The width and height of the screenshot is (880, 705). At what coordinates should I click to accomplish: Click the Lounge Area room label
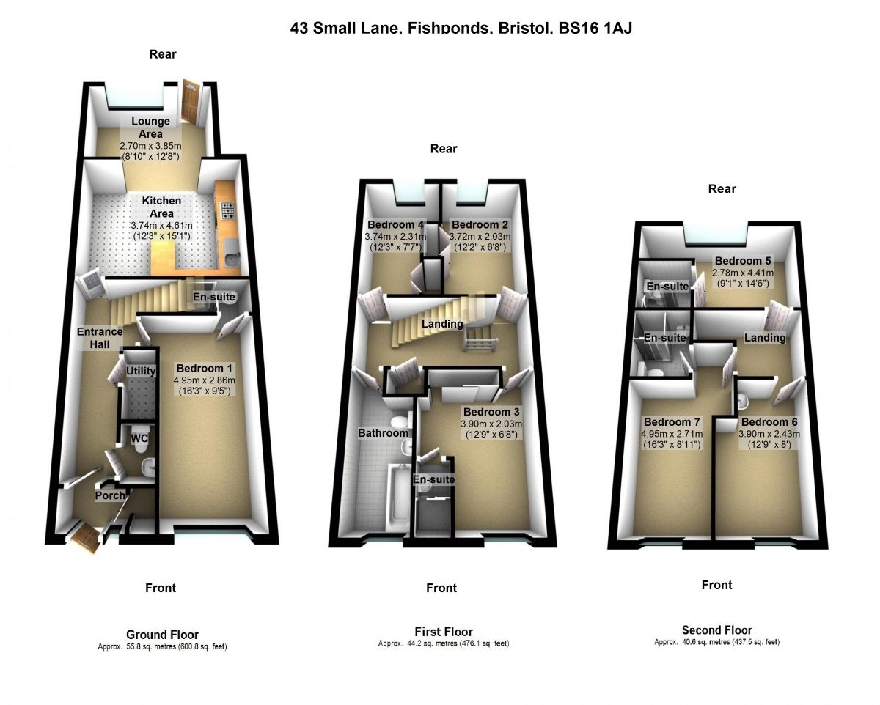coord(150,128)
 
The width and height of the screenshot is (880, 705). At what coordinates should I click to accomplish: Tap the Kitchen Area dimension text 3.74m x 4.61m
coord(161,225)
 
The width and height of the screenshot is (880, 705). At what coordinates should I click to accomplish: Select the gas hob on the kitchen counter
coord(227,211)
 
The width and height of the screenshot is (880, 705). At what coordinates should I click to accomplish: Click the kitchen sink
coord(233,260)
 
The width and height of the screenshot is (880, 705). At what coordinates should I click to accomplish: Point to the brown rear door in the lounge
coord(191,100)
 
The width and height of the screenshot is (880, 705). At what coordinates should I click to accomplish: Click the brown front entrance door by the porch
coord(87,539)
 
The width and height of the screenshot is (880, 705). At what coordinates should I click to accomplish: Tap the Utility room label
coord(141,371)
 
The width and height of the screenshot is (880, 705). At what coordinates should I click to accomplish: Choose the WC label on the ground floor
coord(139,438)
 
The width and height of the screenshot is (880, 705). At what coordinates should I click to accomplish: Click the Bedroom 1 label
coord(205,368)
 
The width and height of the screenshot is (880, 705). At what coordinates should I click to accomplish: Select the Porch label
coord(110,495)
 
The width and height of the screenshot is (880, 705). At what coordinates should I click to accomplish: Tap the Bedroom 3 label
coord(491,412)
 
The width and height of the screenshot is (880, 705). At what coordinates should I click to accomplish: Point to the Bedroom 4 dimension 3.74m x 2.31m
coord(395,236)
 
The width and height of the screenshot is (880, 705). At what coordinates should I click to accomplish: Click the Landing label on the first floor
coord(442,324)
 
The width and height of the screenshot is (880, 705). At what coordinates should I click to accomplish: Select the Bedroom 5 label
coord(743,261)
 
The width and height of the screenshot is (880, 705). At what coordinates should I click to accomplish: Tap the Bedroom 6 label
coord(769,422)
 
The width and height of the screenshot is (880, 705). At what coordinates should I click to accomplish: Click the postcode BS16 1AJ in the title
coord(595,28)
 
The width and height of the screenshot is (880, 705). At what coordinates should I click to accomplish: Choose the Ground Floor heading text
coord(162,635)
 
